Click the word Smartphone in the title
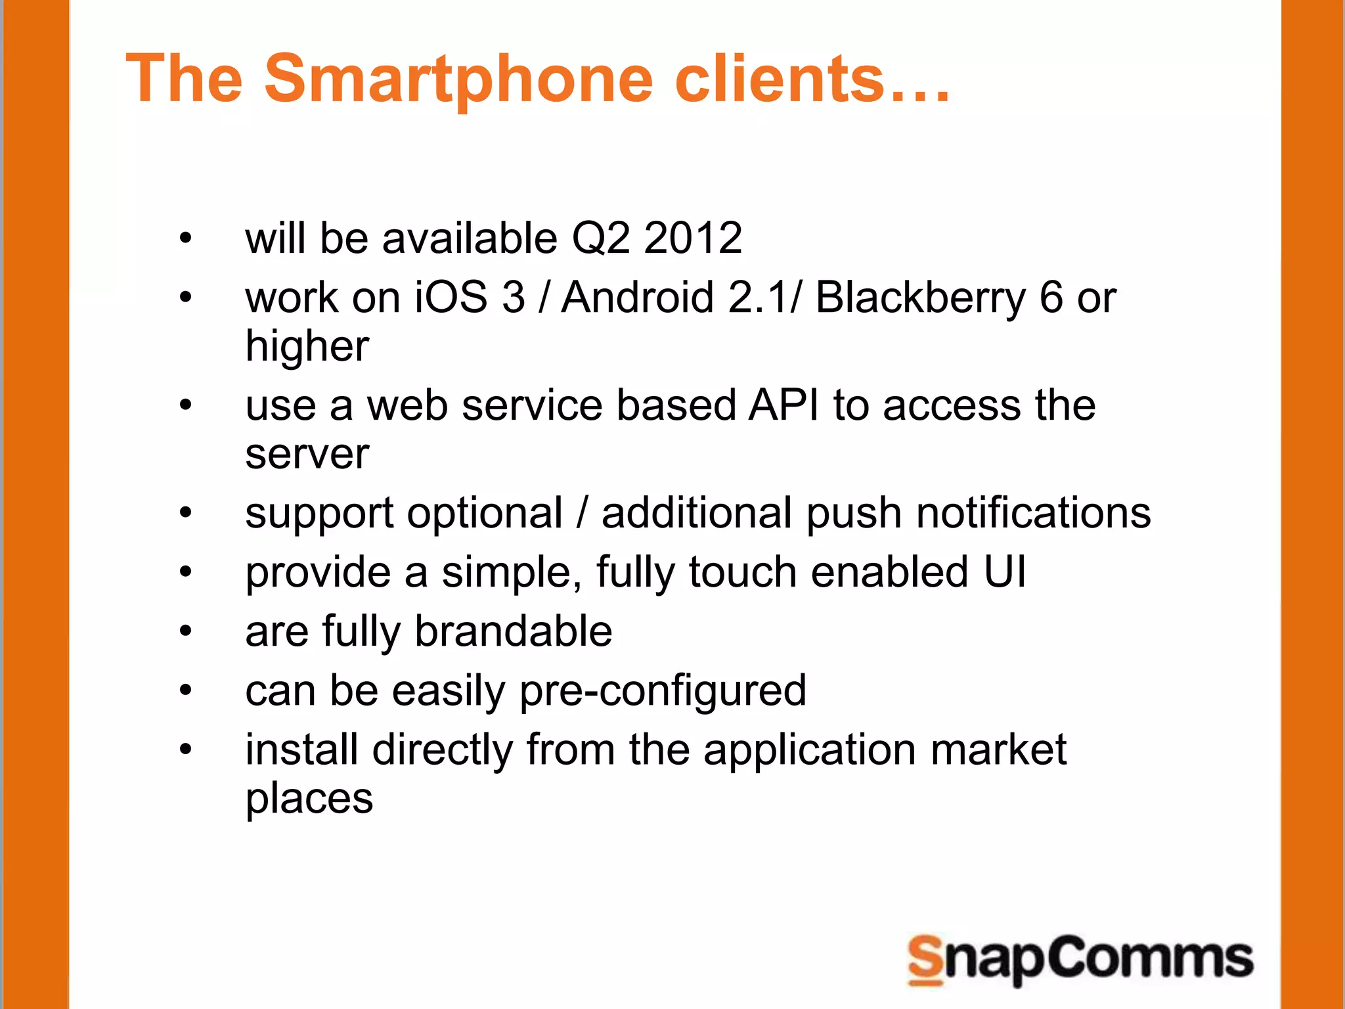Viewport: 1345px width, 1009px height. (x=458, y=80)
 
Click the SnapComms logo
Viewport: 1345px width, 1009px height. (x=1080, y=960)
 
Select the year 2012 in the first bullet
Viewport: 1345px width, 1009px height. (x=693, y=238)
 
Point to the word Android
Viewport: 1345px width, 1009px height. (x=638, y=297)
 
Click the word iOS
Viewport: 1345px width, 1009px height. (x=451, y=297)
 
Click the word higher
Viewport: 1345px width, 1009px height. (x=307, y=347)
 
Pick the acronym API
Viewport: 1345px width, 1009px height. (x=784, y=405)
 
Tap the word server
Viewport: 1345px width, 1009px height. (x=307, y=455)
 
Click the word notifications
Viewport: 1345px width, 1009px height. (x=1033, y=512)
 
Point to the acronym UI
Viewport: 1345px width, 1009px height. (x=1005, y=572)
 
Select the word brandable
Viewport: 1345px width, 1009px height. (x=514, y=631)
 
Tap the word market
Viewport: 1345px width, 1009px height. (x=998, y=750)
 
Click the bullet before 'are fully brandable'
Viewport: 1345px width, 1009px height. (x=186, y=631)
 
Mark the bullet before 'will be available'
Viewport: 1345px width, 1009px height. (x=186, y=238)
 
